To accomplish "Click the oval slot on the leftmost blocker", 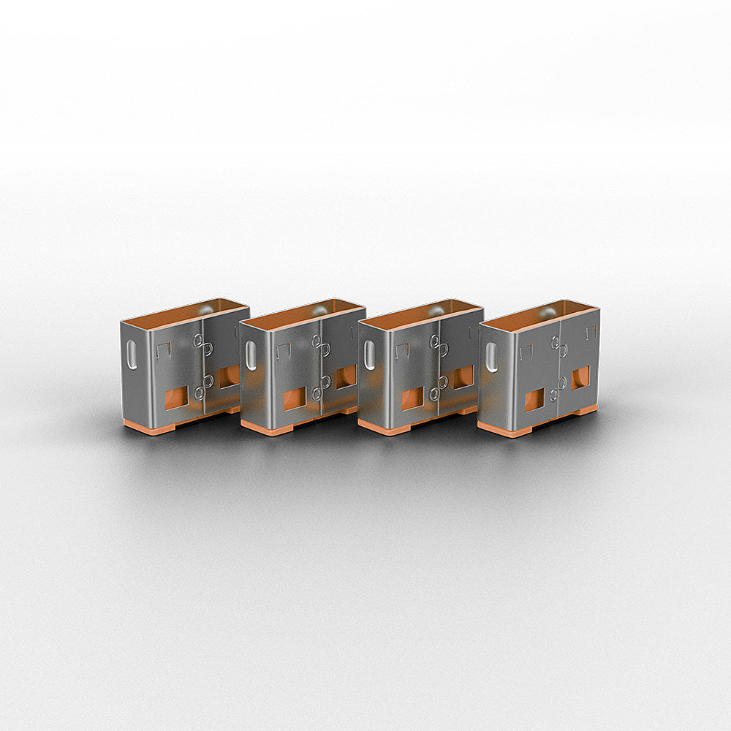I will (x=131, y=355).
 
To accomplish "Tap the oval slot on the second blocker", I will (x=251, y=355).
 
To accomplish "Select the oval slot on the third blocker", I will (x=370, y=355).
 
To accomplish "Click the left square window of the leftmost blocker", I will (x=176, y=398).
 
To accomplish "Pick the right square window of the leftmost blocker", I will (x=228, y=376).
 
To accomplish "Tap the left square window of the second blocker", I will (x=295, y=398).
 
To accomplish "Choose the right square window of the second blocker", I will (x=346, y=376).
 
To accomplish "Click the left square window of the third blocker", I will (x=412, y=398).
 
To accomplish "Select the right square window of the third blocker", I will (x=463, y=377).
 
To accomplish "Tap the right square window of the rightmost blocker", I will (x=580, y=377).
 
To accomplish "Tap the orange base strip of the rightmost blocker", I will (x=504, y=430).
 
